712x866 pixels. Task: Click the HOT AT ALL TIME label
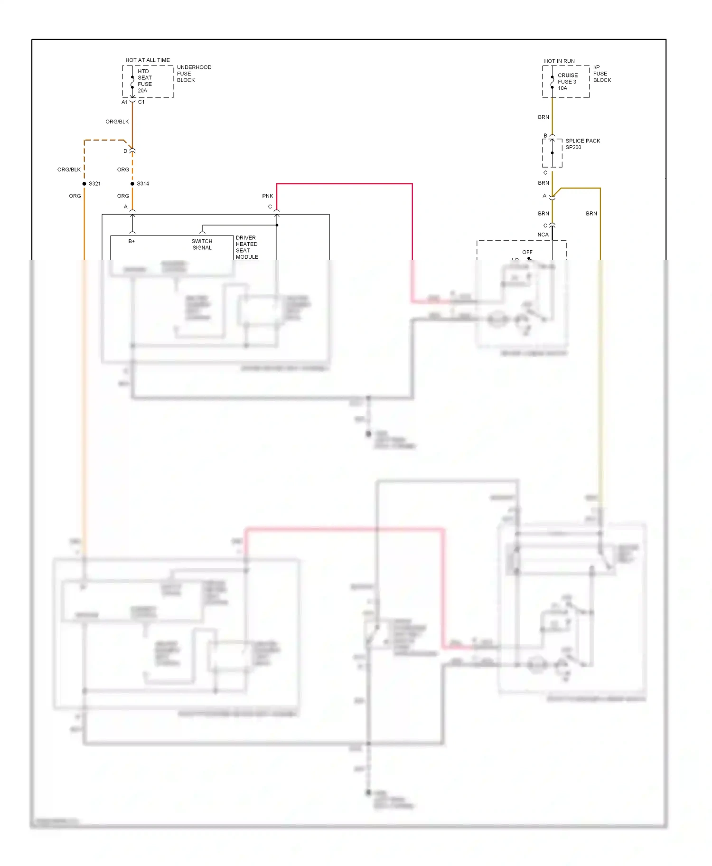pos(147,60)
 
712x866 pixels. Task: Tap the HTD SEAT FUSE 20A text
pos(144,81)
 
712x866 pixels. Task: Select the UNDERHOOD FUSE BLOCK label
pos(194,74)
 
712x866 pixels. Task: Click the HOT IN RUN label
pos(559,61)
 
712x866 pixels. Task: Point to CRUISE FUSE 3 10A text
pos(567,82)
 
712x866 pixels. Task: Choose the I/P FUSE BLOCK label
pos(601,74)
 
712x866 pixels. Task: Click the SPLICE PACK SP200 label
pos(582,144)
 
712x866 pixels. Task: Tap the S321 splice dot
pos(84,184)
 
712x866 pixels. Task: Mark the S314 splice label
pos(143,184)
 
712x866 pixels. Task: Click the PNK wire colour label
pos(267,196)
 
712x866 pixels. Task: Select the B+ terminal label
pos(131,241)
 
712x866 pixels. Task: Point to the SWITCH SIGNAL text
pos(202,245)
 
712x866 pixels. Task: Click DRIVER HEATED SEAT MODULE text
pos(247,247)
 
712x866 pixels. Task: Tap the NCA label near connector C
pos(543,235)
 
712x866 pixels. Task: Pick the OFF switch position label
pos(527,252)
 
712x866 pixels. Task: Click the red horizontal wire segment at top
pos(344,184)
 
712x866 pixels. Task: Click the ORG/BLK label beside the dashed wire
pos(69,169)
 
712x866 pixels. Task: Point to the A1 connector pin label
pos(124,102)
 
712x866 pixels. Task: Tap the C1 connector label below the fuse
pos(141,102)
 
